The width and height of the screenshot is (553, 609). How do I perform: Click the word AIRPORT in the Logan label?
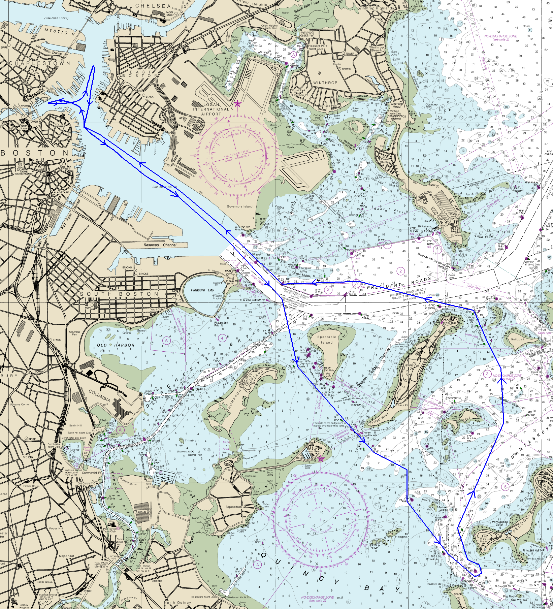211,114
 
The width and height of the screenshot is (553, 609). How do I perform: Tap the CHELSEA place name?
153,6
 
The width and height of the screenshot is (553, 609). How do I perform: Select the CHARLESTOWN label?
40,63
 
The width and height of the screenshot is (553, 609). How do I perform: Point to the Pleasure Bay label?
202,290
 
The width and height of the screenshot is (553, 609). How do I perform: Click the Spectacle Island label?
326,340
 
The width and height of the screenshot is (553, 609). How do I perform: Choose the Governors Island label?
239,206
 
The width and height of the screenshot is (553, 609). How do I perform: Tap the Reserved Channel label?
160,245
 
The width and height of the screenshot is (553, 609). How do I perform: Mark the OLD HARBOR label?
116,345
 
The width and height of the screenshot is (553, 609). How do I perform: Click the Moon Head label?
313,451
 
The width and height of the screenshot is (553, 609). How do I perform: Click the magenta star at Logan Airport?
237,104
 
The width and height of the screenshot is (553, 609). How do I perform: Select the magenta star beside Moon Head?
321,459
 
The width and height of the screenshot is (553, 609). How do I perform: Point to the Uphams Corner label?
20,405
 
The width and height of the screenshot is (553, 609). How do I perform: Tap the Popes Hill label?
56,528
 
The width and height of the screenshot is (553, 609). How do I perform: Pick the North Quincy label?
177,603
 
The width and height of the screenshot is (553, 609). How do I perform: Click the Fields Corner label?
32,486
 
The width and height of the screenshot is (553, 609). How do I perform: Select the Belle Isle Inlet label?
306,7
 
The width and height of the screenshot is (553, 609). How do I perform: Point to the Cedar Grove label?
44,582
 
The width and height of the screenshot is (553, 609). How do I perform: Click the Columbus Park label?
74,333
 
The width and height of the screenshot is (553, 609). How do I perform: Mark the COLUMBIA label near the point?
99,395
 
